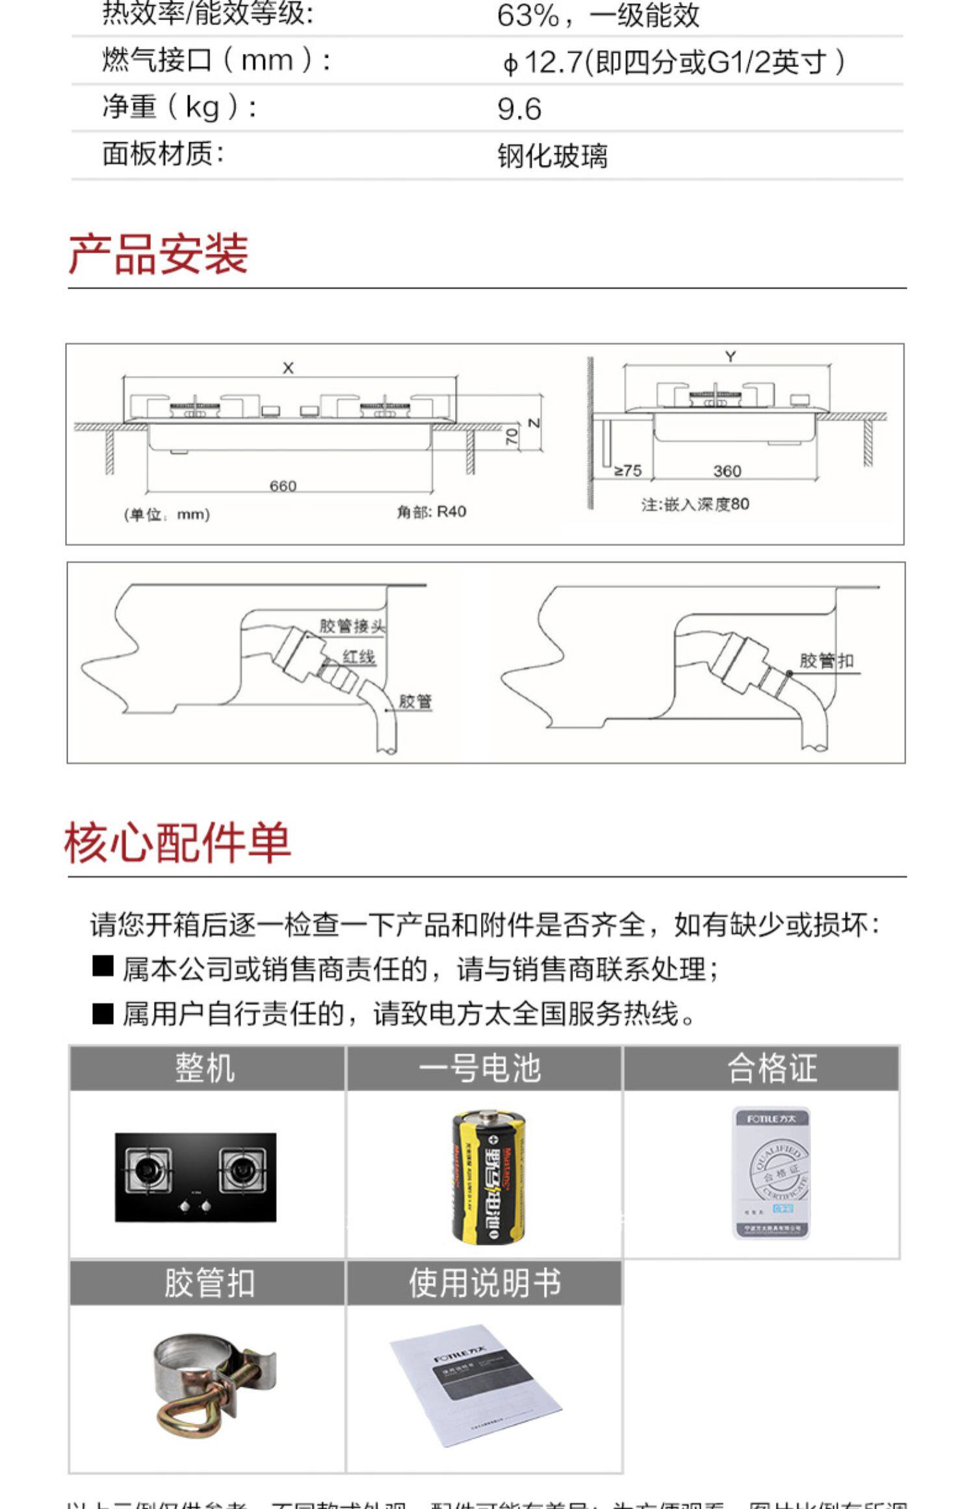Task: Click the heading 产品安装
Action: (x=158, y=253)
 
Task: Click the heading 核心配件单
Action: (x=177, y=842)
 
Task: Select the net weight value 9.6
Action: (x=519, y=109)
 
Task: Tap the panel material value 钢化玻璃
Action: (x=552, y=156)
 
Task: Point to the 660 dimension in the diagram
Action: (x=283, y=485)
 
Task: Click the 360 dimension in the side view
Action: (x=727, y=471)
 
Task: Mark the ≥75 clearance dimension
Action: (x=628, y=470)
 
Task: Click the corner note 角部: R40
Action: (x=432, y=511)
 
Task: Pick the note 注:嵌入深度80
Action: (x=695, y=504)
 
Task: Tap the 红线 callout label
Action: (x=359, y=656)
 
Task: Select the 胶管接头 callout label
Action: (x=352, y=625)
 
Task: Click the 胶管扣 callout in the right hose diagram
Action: (x=826, y=661)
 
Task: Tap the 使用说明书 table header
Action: (x=484, y=1283)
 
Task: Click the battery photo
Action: (x=489, y=1176)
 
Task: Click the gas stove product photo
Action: (x=196, y=1177)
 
